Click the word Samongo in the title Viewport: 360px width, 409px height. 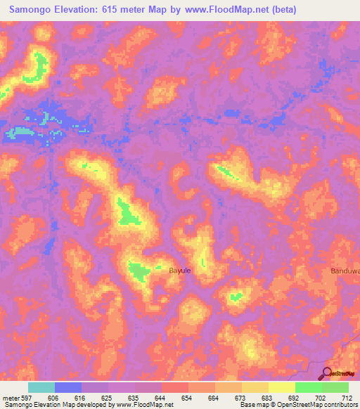point(33,10)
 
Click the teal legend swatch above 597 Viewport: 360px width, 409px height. point(41,387)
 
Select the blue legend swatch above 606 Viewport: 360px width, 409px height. point(68,387)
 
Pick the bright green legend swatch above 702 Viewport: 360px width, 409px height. point(309,387)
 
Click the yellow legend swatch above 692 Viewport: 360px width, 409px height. point(282,387)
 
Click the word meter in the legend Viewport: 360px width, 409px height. point(13,397)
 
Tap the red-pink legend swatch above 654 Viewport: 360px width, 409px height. point(175,387)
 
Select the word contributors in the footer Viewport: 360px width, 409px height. point(338,405)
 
